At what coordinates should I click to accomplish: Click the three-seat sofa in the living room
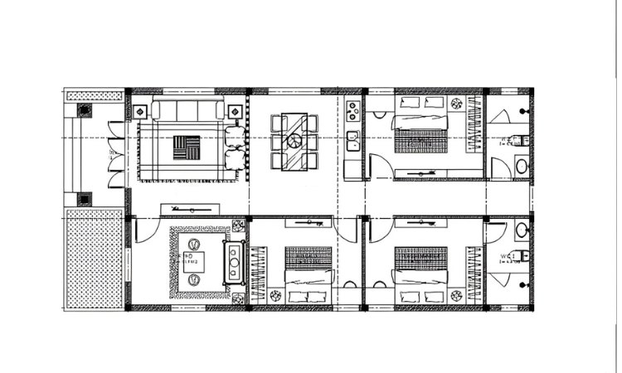(x=187, y=110)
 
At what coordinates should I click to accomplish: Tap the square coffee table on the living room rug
(x=186, y=148)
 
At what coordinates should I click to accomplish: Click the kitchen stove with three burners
(x=352, y=110)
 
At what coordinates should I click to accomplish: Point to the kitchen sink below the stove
(x=352, y=139)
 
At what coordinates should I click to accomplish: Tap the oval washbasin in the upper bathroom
(x=521, y=166)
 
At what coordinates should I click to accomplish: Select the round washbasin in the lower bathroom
(x=521, y=230)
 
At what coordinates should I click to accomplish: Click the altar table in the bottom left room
(x=235, y=264)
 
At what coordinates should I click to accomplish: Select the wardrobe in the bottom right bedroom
(x=474, y=274)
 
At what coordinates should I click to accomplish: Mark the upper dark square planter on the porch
(x=84, y=110)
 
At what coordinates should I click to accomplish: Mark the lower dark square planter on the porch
(x=84, y=199)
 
